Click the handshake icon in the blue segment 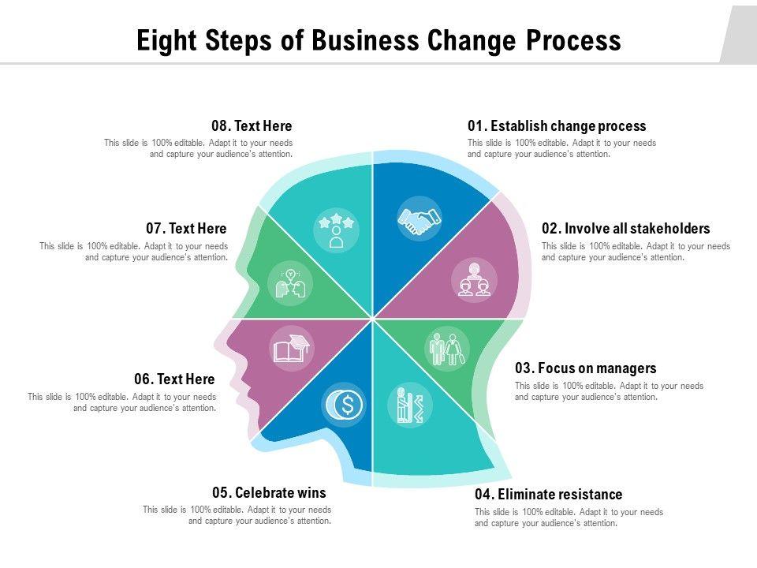pyautogui.click(x=420, y=220)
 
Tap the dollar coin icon pyautogui.click(x=345, y=405)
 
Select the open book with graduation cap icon pyautogui.click(x=291, y=349)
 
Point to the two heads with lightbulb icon pyautogui.click(x=289, y=284)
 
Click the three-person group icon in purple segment pyautogui.click(x=474, y=281)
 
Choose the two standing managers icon pyautogui.click(x=446, y=348)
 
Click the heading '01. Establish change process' pyautogui.click(x=556, y=126)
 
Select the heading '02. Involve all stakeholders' pyautogui.click(x=625, y=229)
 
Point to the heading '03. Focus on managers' pyautogui.click(x=585, y=368)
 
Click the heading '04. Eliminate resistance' pyautogui.click(x=548, y=495)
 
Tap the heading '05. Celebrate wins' pyautogui.click(x=269, y=493)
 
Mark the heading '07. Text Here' pyautogui.click(x=186, y=229)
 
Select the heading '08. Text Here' pyautogui.click(x=252, y=126)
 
